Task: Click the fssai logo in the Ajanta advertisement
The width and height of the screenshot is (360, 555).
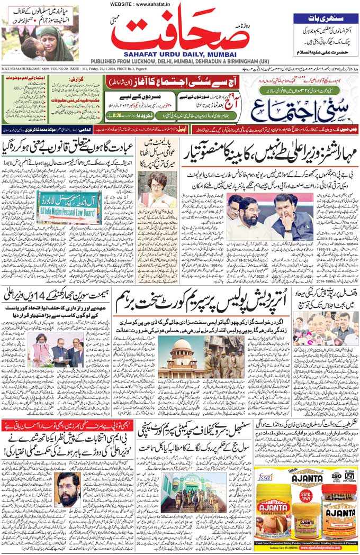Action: [265, 477]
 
